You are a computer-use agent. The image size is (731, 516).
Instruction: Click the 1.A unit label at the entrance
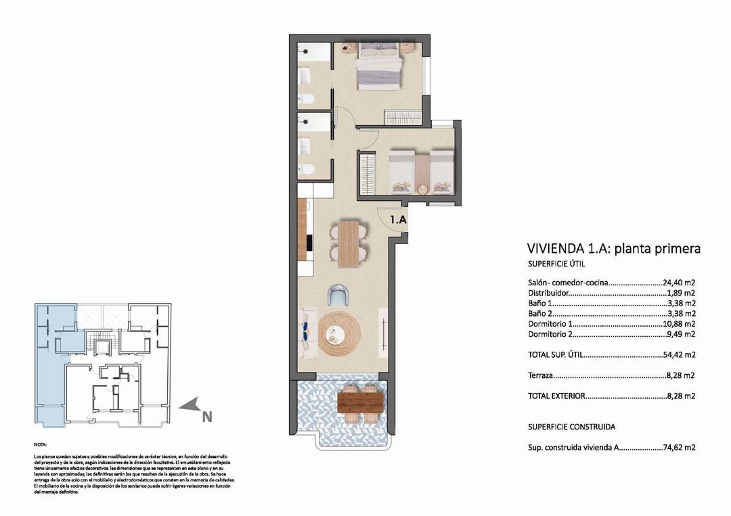(x=397, y=219)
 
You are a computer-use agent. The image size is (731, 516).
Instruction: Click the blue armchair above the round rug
(x=338, y=296)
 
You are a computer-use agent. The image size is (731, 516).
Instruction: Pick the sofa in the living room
(x=306, y=332)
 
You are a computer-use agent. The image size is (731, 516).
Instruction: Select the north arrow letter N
(x=207, y=417)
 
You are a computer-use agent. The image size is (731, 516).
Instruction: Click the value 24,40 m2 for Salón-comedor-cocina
(x=680, y=283)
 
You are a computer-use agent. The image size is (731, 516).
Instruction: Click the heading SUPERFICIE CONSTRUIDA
(x=571, y=427)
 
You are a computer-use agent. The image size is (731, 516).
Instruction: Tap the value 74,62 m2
(x=680, y=447)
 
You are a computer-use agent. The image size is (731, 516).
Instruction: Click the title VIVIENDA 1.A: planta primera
(x=613, y=248)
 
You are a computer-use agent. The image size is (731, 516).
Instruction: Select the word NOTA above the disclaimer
(x=41, y=445)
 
